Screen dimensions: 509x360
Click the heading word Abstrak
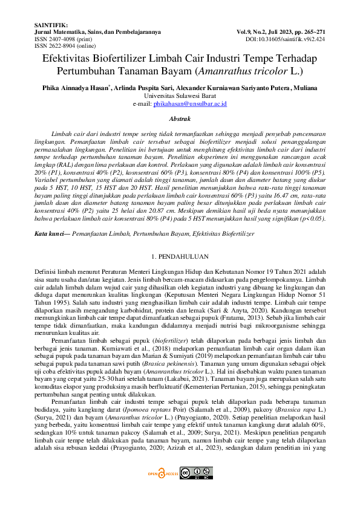click(180, 120)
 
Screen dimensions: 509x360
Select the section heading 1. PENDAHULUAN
click(180, 257)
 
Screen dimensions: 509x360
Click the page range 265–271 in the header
click(313, 31)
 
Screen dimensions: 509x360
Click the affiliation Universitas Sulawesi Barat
click(180, 96)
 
